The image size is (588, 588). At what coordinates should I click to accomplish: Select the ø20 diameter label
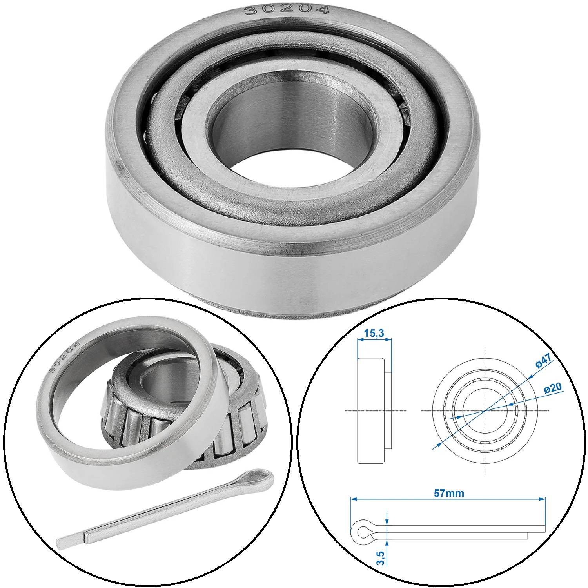click(x=553, y=388)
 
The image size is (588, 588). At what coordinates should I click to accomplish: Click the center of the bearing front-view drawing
click(x=485, y=410)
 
